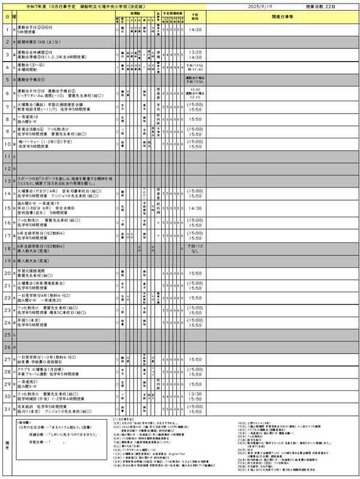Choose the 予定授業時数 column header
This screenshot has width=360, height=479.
click(173, 11)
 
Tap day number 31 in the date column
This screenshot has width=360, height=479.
click(7, 409)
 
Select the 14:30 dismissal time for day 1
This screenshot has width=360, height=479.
click(195, 28)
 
